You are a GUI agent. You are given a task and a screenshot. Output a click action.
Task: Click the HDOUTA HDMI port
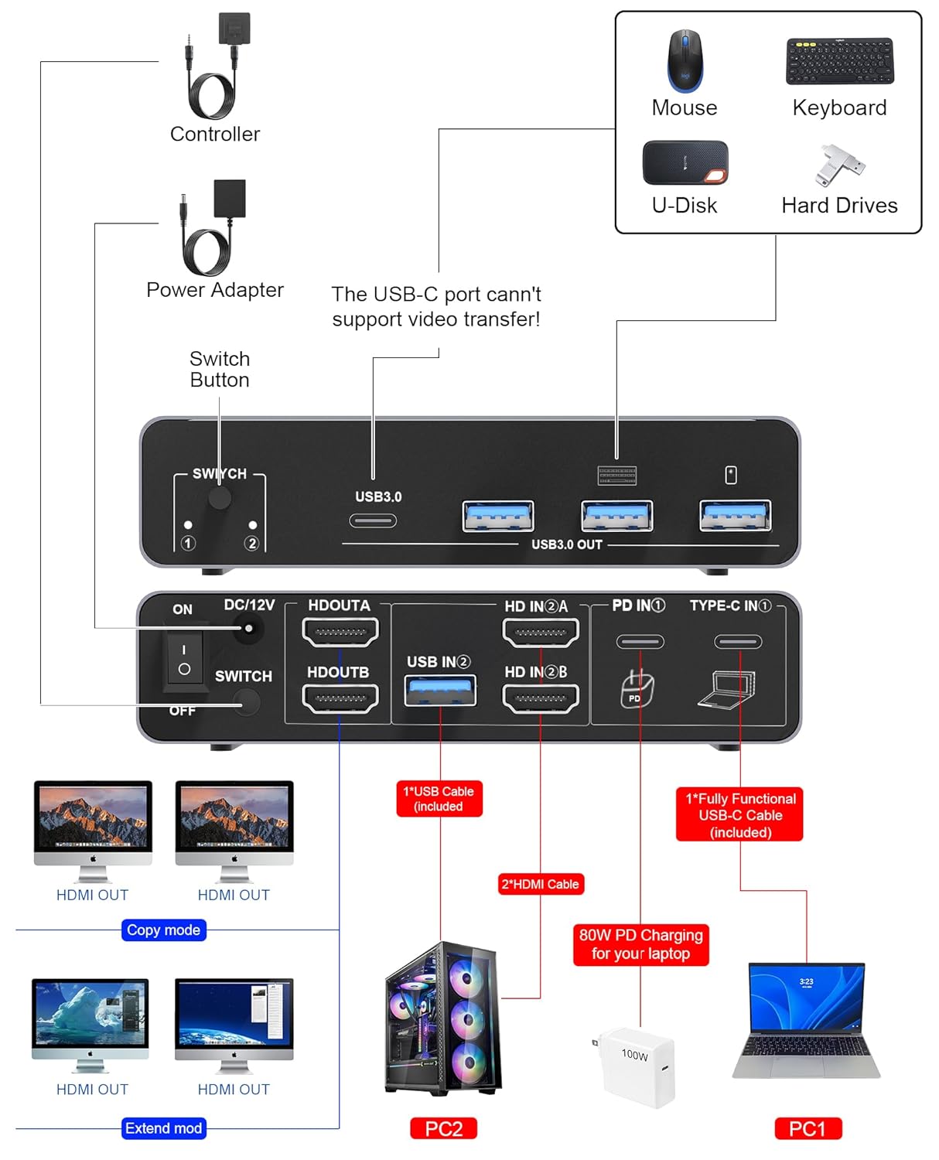(340, 632)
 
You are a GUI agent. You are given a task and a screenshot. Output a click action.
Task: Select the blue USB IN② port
(440, 690)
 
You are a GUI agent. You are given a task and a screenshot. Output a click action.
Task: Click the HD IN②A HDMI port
(541, 632)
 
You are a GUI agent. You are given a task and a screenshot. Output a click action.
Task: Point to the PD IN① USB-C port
(640, 641)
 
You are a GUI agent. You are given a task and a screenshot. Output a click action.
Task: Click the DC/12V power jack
(248, 628)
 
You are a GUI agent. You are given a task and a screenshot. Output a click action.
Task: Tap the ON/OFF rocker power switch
(184, 660)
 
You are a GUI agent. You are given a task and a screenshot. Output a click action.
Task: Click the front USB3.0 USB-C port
(373, 520)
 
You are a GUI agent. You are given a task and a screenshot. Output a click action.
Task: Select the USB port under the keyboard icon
(616, 516)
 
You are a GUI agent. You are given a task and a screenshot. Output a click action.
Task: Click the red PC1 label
(808, 1128)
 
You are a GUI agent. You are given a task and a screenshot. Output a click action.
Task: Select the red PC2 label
(443, 1128)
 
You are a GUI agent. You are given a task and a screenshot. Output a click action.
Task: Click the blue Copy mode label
(163, 930)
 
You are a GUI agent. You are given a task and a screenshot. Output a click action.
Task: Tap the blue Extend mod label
(163, 1128)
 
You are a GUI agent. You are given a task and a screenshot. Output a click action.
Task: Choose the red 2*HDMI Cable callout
(540, 884)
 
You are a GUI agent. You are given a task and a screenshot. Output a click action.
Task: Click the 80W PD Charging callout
(640, 944)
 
